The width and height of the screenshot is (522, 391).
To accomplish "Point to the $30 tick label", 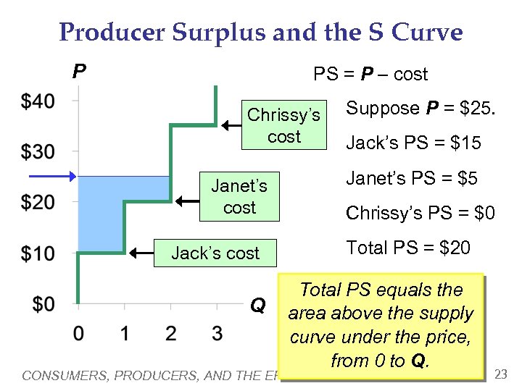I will point(38,152).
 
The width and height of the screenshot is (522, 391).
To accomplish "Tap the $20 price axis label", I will point(38,202).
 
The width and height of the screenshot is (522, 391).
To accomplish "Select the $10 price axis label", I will point(38,253).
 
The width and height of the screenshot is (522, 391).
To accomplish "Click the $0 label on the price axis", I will point(43,303).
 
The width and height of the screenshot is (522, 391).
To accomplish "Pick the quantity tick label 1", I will point(124,334).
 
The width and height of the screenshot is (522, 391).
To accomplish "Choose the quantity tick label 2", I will point(170,334).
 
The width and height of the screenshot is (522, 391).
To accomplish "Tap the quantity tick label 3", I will point(217,334).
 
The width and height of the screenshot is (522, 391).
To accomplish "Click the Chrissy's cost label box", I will point(283,125).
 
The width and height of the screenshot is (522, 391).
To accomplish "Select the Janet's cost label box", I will point(239,196).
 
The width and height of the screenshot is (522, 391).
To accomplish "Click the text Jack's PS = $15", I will point(413,143).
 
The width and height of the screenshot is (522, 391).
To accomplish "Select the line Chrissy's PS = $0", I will point(420,213).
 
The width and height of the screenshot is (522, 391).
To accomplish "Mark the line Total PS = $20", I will point(408,248).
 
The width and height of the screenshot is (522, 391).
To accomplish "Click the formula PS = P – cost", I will point(370,74).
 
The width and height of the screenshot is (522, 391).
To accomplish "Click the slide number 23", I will point(500,374).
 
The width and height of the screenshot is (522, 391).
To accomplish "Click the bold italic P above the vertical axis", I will point(79,71).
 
